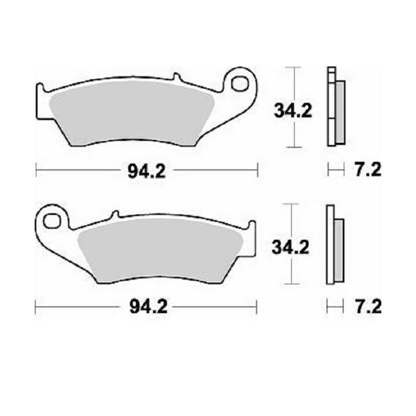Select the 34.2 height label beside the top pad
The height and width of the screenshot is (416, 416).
tap(293, 111)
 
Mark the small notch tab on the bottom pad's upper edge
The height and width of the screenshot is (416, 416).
tap(115, 216)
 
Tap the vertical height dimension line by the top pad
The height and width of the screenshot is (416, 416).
tap(295, 107)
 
